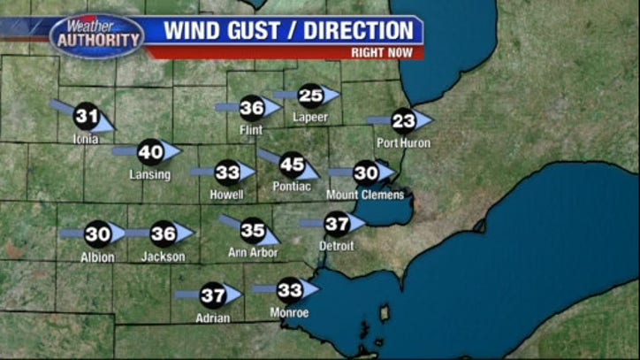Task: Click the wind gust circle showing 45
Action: click(292, 165)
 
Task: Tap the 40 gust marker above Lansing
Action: click(151, 152)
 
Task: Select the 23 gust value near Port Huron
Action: click(403, 120)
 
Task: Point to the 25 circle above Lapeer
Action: click(310, 96)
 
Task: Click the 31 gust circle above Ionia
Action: click(86, 116)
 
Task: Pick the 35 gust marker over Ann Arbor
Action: click(253, 231)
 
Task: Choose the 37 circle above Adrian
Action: click(212, 295)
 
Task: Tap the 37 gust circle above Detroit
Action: click(337, 225)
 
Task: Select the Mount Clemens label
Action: click(365, 195)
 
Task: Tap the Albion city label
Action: click(97, 257)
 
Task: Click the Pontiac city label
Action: click(292, 187)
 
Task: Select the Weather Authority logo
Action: click(96, 35)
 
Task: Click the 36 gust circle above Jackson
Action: click(164, 234)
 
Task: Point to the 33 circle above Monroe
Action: click(290, 289)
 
